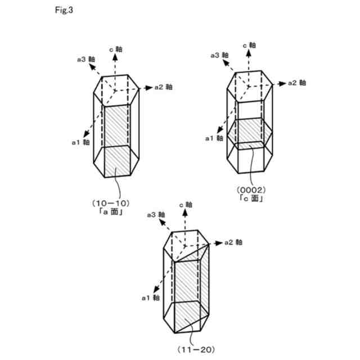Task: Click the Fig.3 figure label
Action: (65, 10)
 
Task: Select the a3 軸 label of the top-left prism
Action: (87, 58)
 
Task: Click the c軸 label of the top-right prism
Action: (249, 46)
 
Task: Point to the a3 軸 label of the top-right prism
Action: (219, 55)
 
